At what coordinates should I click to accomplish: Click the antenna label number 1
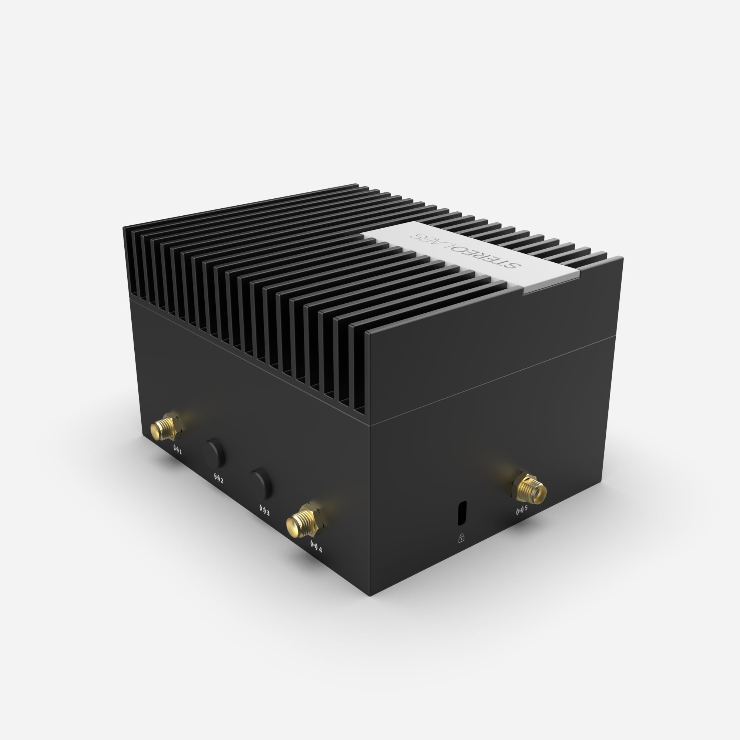click(x=181, y=452)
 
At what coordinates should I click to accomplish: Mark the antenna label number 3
click(x=268, y=513)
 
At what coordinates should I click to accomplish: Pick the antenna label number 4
click(x=320, y=550)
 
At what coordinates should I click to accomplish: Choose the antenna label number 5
click(x=526, y=508)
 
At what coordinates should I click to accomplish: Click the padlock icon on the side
click(x=461, y=538)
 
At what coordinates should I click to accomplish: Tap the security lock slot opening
click(x=462, y=512)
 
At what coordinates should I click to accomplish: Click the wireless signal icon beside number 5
click(x=519, y=511)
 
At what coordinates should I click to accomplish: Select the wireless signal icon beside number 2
click(x=216, y=478)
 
